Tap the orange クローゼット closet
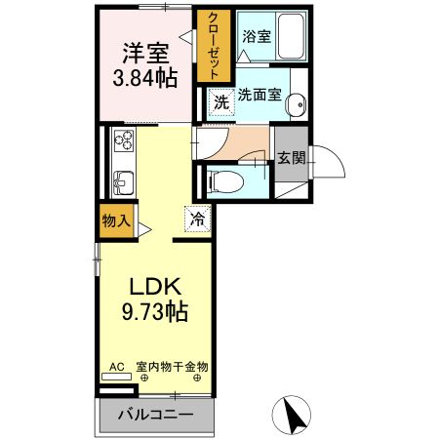207,46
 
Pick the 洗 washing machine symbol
220,100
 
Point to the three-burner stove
123,142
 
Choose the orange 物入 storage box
116,220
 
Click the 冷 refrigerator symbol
196,220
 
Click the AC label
116,367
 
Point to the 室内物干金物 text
172,367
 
